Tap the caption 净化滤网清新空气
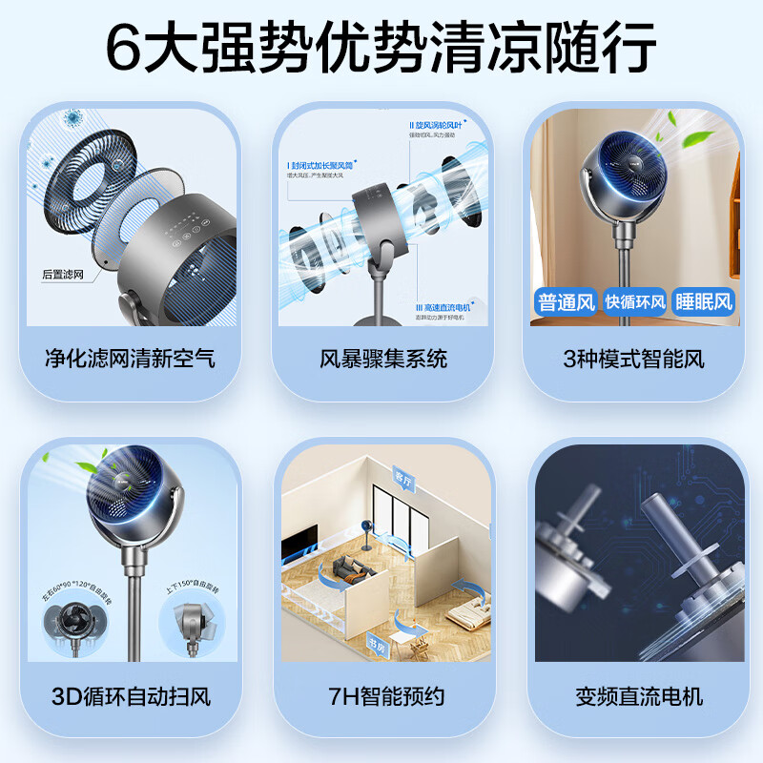coord(130,360)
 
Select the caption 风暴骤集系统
coord(383,360)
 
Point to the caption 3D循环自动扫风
coord(130,695)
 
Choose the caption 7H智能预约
coord(383,695)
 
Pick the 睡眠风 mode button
coord(705,302)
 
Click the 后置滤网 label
coord(64,274)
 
